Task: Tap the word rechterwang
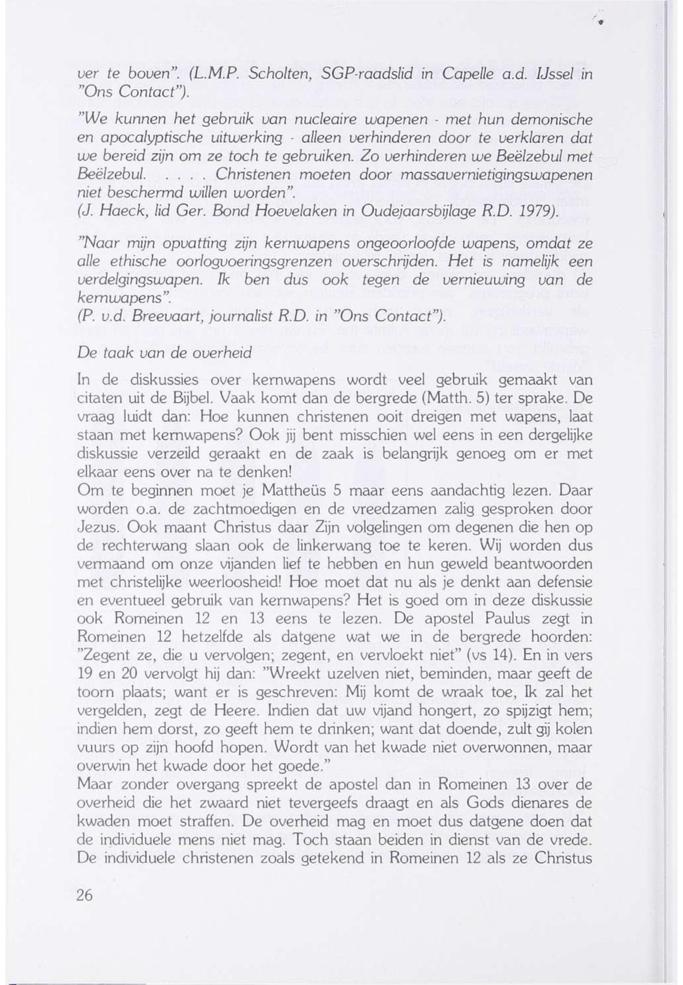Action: pyautogui.click(x=142, y=546)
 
